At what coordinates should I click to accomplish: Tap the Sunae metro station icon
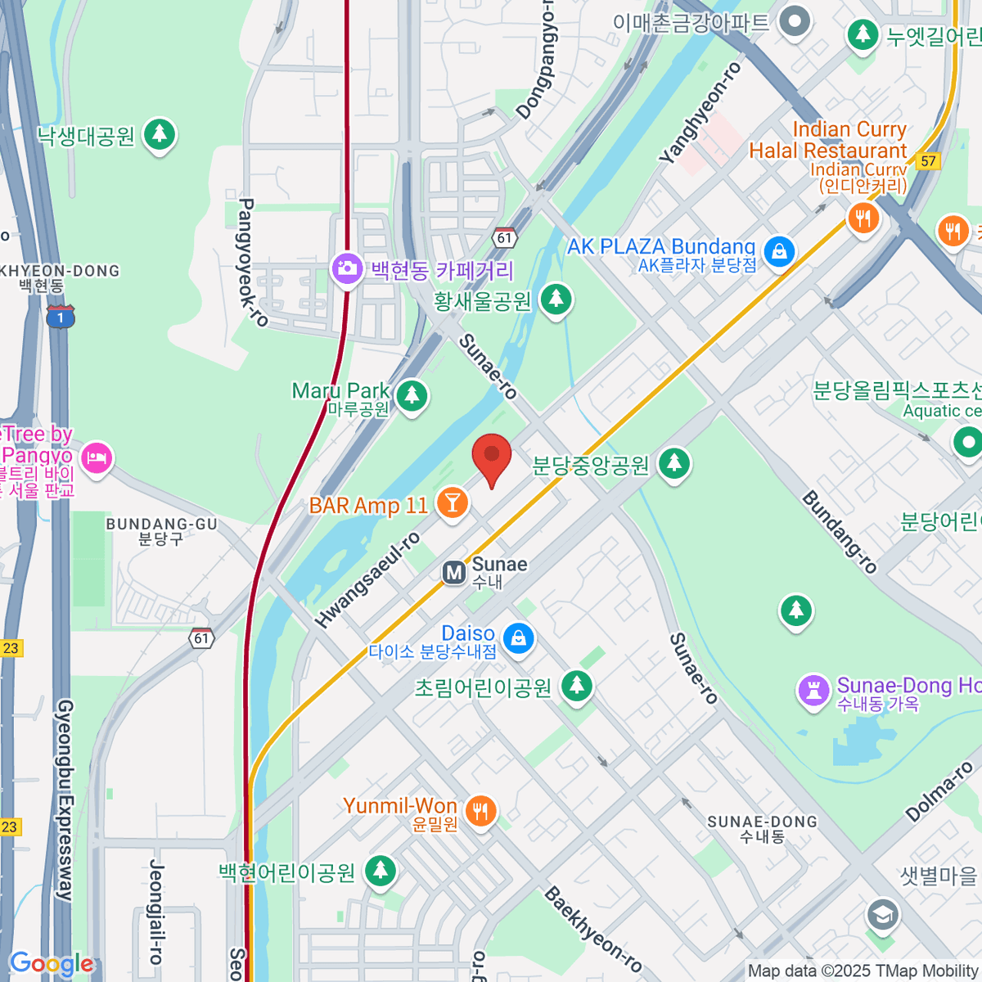pos(453,573)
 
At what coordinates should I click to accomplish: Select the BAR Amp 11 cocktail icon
pos(452,502)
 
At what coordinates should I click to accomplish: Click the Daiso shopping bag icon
pos(518,638)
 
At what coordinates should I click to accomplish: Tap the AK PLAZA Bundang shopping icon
pos(779,251)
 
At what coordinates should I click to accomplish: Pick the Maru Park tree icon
pos(412,396)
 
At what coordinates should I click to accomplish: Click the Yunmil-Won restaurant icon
pos(480,811)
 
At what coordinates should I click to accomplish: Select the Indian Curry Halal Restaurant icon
pos(863,218)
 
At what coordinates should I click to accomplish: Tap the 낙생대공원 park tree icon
pos(160,133)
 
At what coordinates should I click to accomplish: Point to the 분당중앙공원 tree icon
pos(674,463)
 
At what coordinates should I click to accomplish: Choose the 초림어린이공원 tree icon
pos(577,685)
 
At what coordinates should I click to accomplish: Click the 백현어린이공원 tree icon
pos(380,870)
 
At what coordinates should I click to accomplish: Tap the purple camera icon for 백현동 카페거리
pos(347,268)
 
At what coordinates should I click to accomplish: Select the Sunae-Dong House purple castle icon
pos(813,691)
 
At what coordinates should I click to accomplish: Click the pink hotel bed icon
pos(97,457)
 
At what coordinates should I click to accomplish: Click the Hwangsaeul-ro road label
pos(368,579)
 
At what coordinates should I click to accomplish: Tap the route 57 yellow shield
pos(928,160)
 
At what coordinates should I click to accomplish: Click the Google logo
pos(52,964)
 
